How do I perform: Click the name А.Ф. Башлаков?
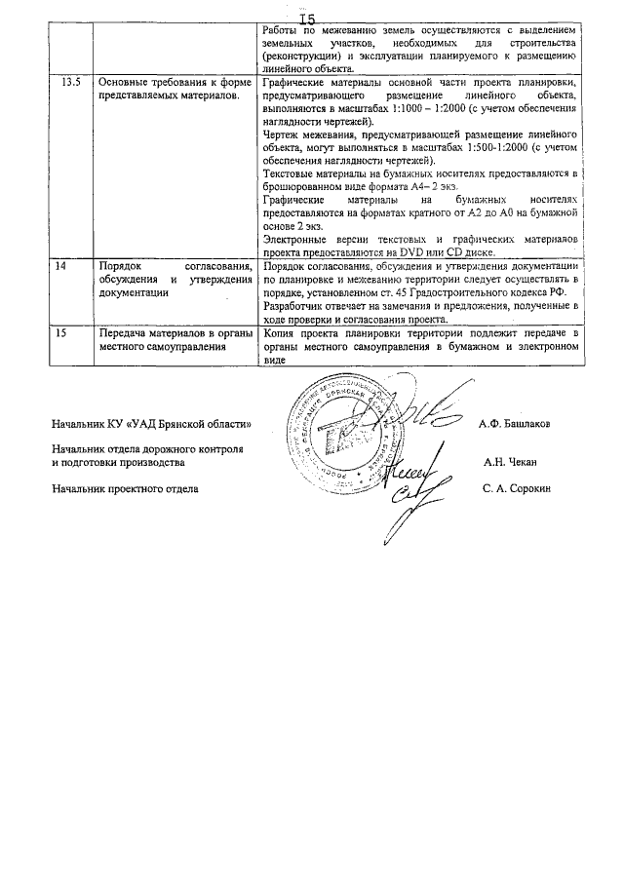[515, 424]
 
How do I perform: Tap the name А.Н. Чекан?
[517, 464]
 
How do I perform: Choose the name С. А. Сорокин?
[516, 488]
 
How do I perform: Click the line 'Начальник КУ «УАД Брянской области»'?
[152, 424]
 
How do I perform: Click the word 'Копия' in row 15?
[281, 333]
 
